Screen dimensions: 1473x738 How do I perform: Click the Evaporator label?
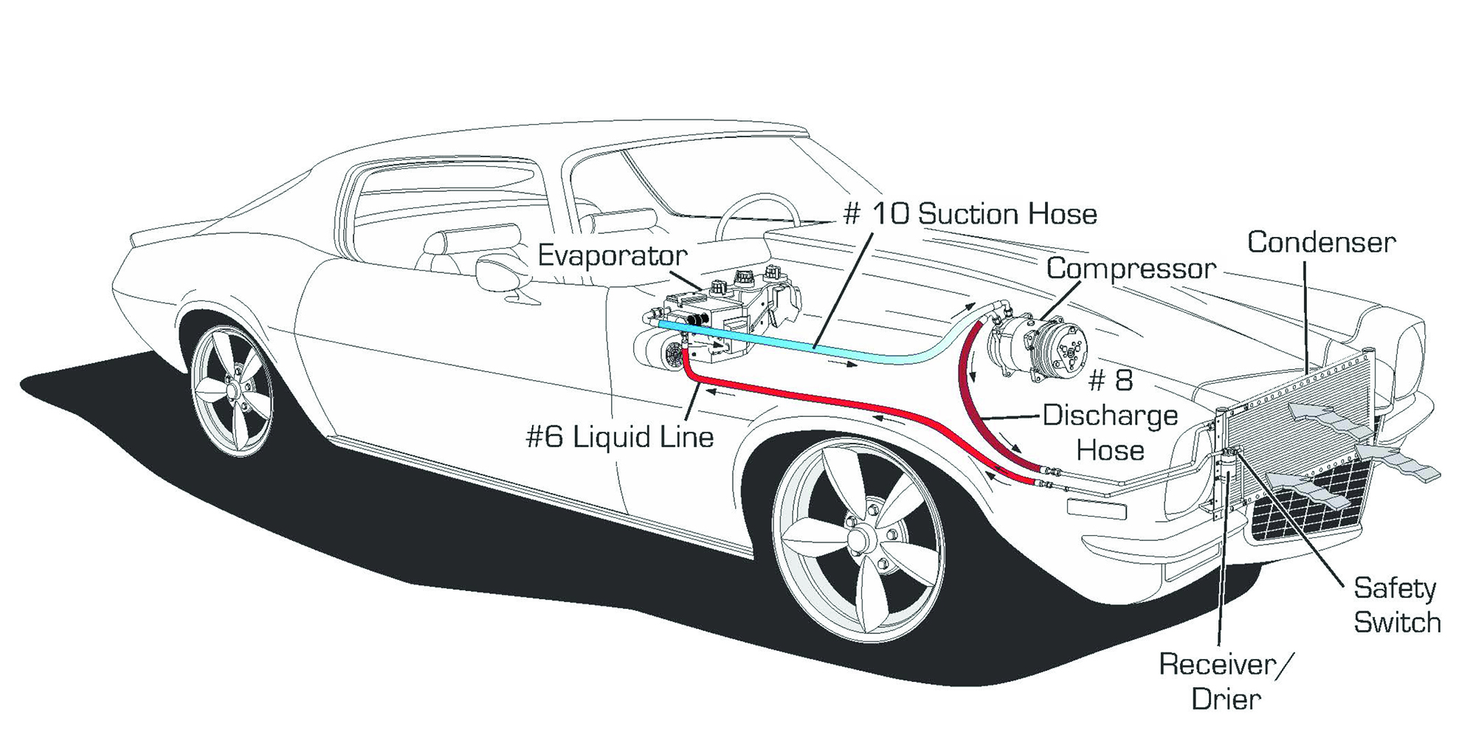pyautogui.click(x=612, y=255)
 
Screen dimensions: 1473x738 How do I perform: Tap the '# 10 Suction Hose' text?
pyautogui.click(x=970, y=214)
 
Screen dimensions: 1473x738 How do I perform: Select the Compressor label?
pyautogui.click(x=1131, y=268)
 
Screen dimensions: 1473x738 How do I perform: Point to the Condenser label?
pyautogui.click(x=1321, y=242)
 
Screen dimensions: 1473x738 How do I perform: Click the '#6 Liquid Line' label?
pyautogui.click(x=620, y=437)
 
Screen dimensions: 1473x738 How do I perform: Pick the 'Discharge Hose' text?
pyautogui.click(x=1110, y=432)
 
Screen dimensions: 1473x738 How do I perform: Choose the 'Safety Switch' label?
pyautogui.click(x=1396, y=605)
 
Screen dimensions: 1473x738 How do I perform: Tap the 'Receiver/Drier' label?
pyautogui.click(x=1225, y=680)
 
